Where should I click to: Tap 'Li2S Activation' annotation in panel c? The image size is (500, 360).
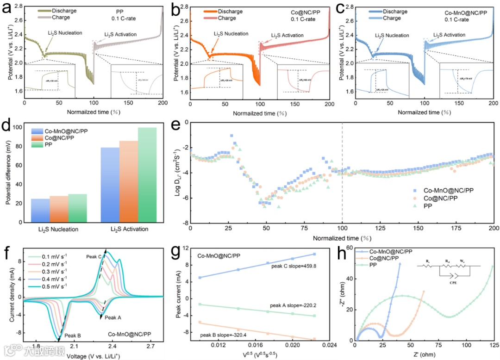click(450, 35)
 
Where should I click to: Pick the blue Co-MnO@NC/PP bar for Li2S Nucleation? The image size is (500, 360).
click(40, 210)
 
